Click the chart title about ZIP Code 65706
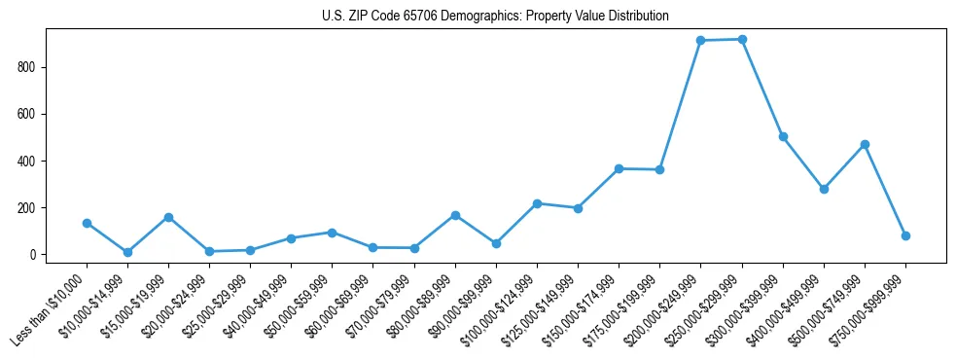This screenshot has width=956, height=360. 495,17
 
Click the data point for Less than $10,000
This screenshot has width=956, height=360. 87,223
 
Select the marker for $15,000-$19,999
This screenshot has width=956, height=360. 168,217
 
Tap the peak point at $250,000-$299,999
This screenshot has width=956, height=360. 742,39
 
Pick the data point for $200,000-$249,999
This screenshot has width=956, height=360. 701,40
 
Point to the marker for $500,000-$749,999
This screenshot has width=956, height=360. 865,144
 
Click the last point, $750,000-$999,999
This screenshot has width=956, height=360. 905,235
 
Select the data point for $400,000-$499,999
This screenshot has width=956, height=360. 824,189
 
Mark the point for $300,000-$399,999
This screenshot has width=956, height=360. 783,136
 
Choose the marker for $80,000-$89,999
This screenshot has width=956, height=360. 455,215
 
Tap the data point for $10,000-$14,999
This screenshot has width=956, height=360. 127,252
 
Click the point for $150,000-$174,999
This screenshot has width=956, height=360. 619,168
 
